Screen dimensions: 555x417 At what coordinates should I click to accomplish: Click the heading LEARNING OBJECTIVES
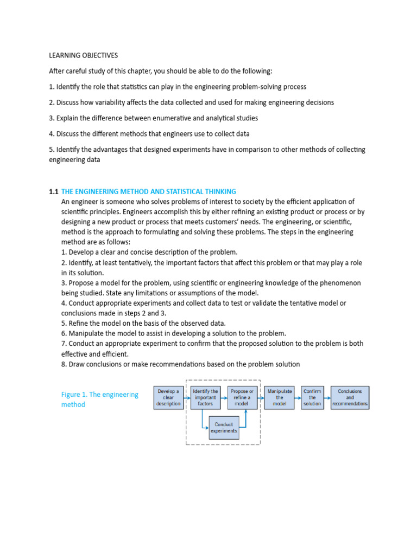pos(83,55)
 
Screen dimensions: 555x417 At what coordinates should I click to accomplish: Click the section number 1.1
pos(53,191)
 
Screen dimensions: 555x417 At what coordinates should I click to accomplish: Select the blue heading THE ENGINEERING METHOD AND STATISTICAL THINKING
pos(149,191)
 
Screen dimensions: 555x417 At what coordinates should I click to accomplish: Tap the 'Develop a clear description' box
pos(168,397)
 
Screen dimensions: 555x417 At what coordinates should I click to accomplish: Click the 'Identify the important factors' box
pos(205,397)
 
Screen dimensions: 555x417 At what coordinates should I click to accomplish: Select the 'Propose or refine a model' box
pos(242,397)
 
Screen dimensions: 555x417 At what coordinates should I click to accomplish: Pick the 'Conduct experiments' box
pos(224,428)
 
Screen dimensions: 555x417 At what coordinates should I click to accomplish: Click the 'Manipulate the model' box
pos(280,397)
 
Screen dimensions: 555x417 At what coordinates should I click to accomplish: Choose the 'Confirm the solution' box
pos(312,397)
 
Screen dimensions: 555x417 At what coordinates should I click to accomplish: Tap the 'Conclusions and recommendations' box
pos(350,397)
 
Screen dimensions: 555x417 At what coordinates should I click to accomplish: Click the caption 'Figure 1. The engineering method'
pos(100,399)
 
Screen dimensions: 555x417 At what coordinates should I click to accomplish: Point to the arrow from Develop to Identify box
pos(187,397)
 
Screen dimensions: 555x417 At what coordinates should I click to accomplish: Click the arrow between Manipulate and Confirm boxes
pos(298,397)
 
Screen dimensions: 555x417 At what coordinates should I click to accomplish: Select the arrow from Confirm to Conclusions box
pos(327,397)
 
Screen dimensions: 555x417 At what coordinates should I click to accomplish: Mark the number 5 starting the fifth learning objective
pos(51,149)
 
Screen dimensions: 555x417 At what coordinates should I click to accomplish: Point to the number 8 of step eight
pos(64,364)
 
